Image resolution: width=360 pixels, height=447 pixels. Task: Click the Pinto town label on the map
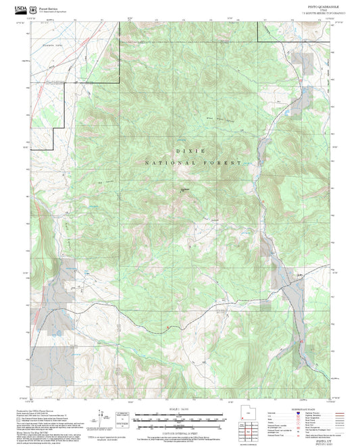click(297, 274)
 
